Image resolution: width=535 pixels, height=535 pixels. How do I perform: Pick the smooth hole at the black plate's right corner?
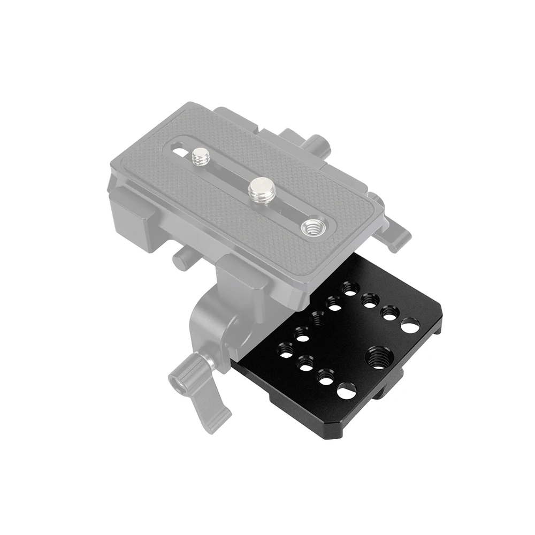coord(410,325)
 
